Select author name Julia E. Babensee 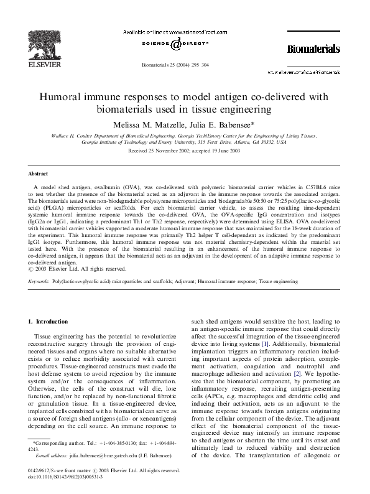[222, 124]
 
